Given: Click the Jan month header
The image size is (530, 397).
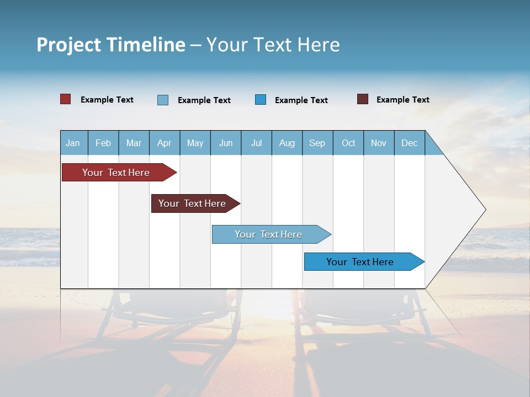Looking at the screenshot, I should tap(73, 143).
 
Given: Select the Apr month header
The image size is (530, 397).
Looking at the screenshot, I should tap(165, 143).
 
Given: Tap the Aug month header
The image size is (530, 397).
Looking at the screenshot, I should tap(287, 143).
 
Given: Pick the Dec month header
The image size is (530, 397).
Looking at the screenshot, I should tap(409, 143).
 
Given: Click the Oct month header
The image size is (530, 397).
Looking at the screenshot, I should tap(348, 143).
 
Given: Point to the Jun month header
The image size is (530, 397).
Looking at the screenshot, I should tap(226, 143).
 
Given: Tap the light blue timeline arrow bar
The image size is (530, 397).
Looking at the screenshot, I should tap(269, 234).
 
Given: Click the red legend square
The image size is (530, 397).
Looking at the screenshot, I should tap(66, 99).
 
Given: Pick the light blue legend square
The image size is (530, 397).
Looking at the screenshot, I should tap(163, 100).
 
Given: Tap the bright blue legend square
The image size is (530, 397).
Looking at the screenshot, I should tap(261, 99).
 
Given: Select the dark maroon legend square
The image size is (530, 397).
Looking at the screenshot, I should tap(363, 99).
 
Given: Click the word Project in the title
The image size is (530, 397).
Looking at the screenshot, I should tap(69, 45).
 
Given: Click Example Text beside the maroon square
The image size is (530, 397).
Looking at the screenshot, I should tap(402, 100).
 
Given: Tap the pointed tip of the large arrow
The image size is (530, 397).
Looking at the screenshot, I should tap(484, 210).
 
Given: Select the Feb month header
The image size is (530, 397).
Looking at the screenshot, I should tap(103, 143).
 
